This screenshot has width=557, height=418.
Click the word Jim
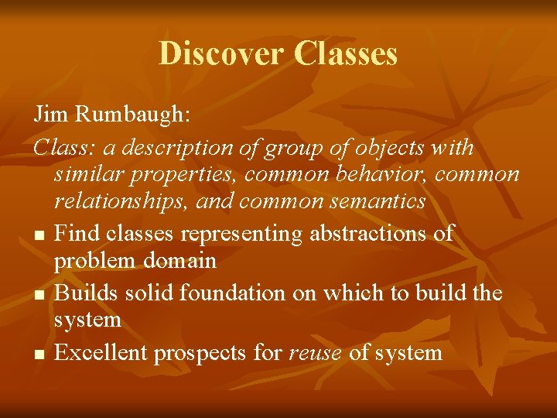[x=48, y=114]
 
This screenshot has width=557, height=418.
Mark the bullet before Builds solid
[x=39, y=295]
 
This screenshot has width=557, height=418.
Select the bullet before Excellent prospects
[x=39, y=355]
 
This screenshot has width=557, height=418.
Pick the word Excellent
[x=101, y=353]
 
